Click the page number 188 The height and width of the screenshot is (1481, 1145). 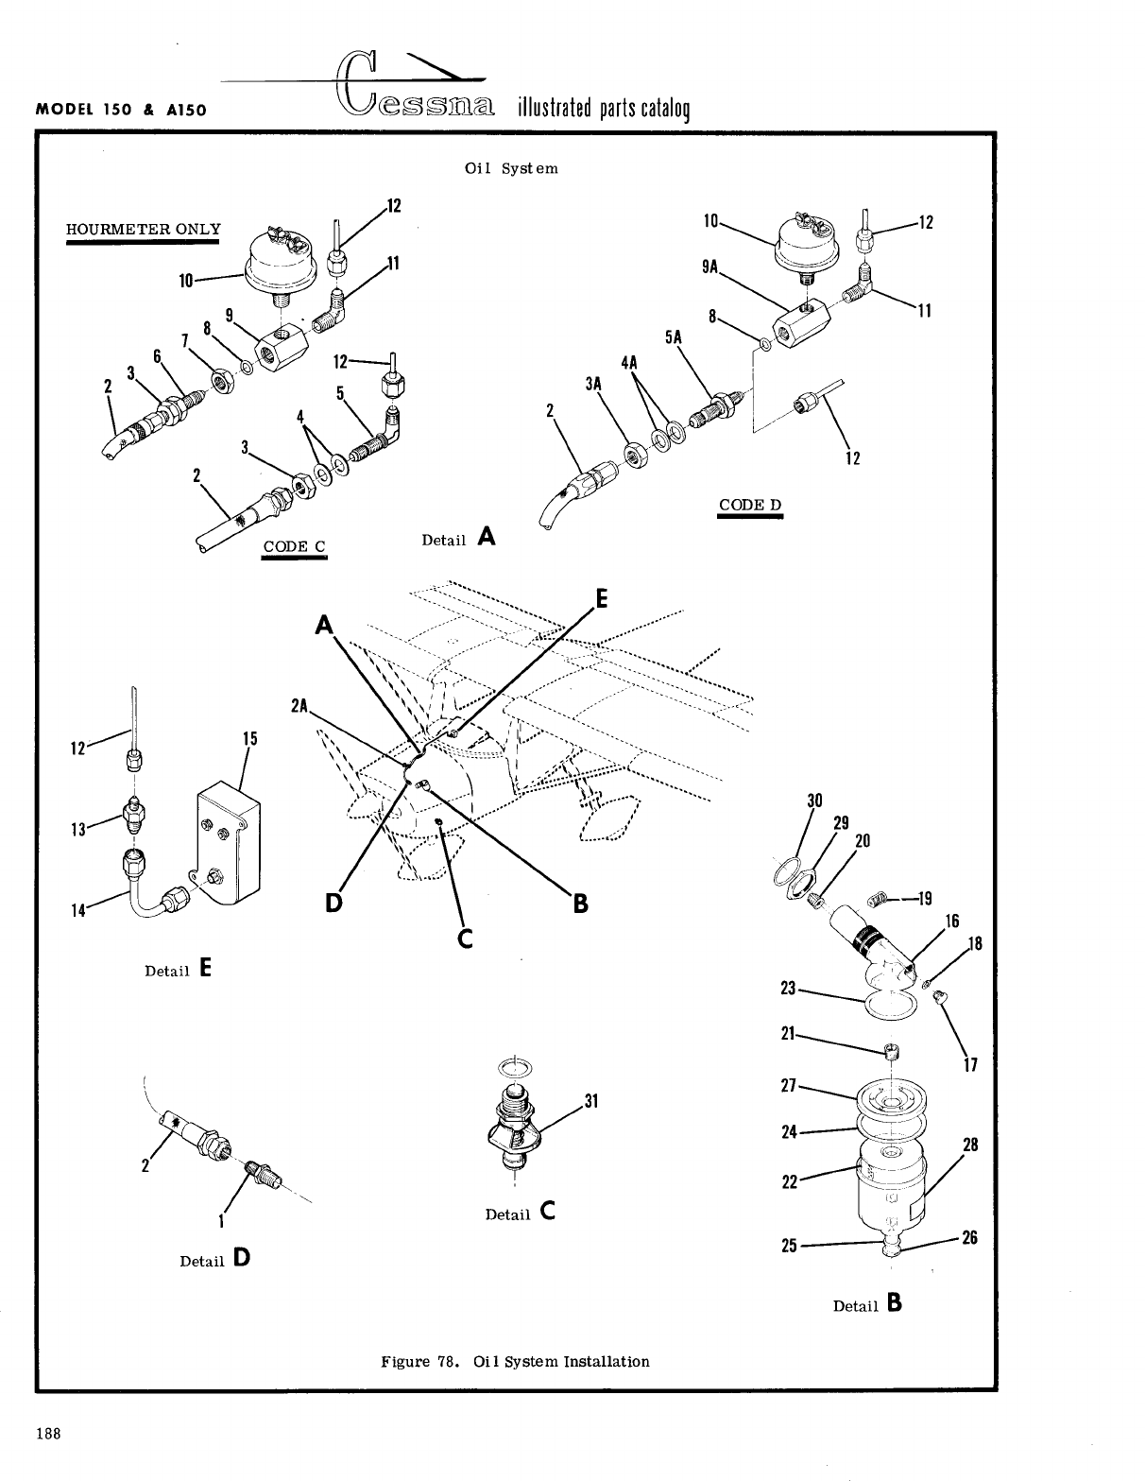coord(48,1434)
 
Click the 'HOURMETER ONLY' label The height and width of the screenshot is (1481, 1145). coord(143,230)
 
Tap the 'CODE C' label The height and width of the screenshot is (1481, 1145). coord(294,546)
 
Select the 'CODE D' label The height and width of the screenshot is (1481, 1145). coord(750,505)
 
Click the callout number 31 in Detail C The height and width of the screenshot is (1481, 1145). coord(592,1101)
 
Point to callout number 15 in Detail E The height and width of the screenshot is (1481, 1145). coord(249,738)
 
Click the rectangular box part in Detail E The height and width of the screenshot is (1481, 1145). coord(228,832)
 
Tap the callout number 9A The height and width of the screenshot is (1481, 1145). coord(710,267)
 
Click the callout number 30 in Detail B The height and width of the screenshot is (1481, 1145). coord(814,801)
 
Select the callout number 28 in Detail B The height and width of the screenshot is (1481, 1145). coord(970,1145)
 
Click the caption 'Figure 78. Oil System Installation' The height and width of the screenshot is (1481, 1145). coord(515,1362)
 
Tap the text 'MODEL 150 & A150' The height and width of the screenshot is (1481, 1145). coord(121,109)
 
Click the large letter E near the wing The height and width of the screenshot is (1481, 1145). coord(602,599)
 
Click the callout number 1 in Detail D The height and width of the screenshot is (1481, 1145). coord(220,1220)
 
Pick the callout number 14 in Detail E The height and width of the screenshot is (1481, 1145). coord(79,910)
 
